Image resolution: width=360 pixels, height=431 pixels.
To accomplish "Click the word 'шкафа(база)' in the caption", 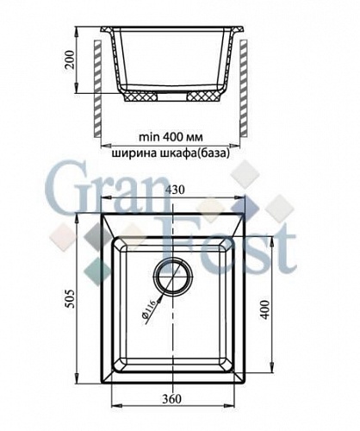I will tap(202, 154).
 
